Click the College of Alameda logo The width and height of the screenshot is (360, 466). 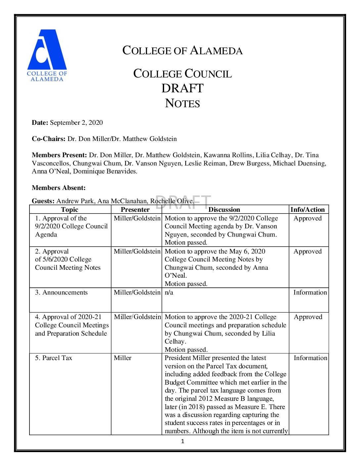coord(47,55)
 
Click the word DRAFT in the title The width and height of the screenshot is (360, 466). coord(182,88)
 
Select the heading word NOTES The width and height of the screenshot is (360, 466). coord(182,103)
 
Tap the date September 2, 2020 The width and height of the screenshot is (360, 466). coord(76,123)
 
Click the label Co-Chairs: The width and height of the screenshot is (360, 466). coord(48,139)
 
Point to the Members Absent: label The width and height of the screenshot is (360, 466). coord(59,188)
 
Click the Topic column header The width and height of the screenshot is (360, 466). coord(69,210)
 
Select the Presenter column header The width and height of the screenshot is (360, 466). coord(135,210)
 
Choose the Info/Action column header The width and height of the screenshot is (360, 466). coord(307,210)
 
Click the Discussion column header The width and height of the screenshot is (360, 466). coord(224,210)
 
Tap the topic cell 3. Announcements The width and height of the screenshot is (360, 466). coord(62,293)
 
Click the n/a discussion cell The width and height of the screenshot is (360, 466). coord(169,293)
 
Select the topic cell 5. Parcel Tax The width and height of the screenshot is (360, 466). coord(54,358)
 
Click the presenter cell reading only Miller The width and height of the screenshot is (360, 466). coord(122,358)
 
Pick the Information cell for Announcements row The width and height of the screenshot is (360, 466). coord(310,293)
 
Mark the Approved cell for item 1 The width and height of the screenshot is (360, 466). coord(307,218)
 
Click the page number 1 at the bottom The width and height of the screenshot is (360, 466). coord(182,441)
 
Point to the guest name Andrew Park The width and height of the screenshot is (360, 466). coord(75,201)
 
